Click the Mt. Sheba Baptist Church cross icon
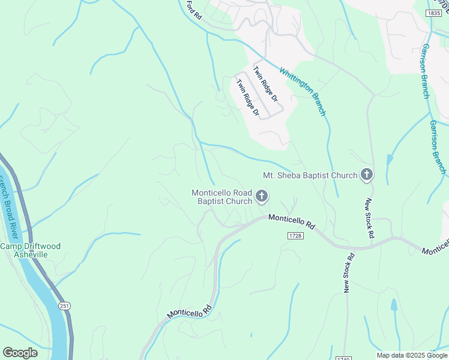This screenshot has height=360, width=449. (366, 175)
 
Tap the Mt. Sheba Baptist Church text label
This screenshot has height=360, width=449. (310, 176)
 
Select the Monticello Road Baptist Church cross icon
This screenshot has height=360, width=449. (262, 196)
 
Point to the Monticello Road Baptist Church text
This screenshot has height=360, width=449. (221, 197)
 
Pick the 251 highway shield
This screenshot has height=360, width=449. (64, 306)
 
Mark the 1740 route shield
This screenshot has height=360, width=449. (343, 358)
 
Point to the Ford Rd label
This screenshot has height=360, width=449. (193, 10)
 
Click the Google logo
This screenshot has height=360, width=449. (20, 353)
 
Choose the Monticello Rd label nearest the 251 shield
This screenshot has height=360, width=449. (189, 311)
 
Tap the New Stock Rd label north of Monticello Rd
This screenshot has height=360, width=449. (370, 218)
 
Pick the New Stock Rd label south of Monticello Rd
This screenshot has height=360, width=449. (349, 273)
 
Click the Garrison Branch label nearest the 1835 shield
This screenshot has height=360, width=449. (427, 70)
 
